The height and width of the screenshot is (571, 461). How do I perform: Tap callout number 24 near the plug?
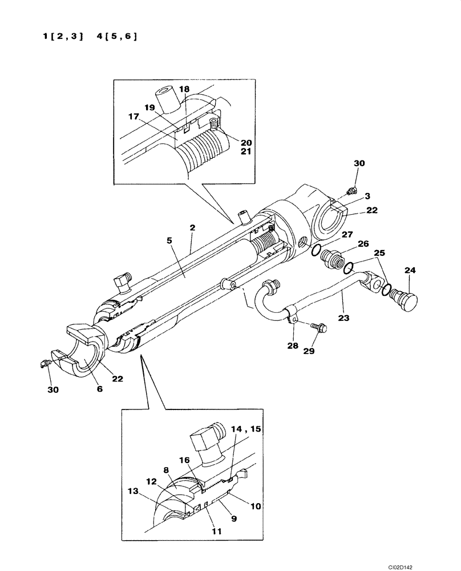(x=411, y=270)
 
